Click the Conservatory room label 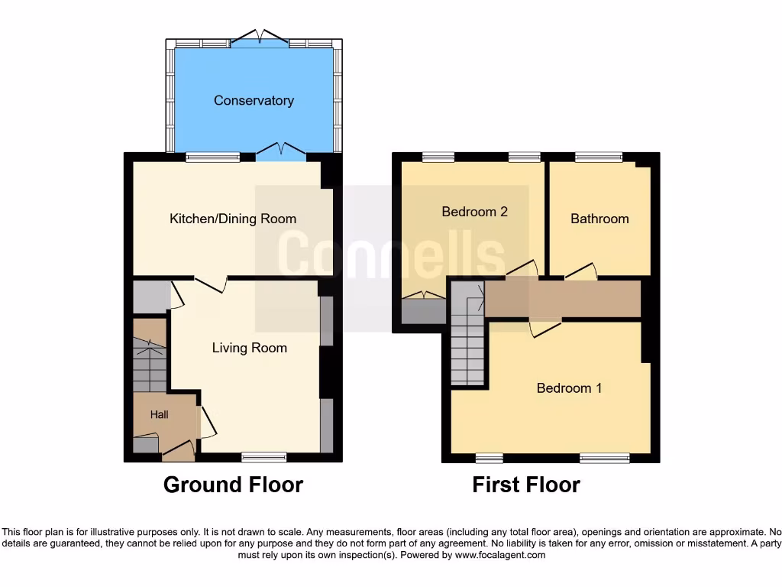coord(254,101)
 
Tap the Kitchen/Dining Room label coord(232,219)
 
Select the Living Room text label coord(249,349)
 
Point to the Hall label coord(159,415)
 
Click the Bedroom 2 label coord(474,212)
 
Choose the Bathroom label coord(599,219)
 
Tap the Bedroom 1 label coord(569,388)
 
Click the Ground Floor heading coord(233,485)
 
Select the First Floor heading coord(526,485)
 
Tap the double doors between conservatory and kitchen coord(280,151)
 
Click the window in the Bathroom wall coord(599,157)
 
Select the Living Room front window coord(264,458)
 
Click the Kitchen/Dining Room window coord(212,157)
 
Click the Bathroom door coord(581,271)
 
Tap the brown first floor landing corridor coord(563,299)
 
